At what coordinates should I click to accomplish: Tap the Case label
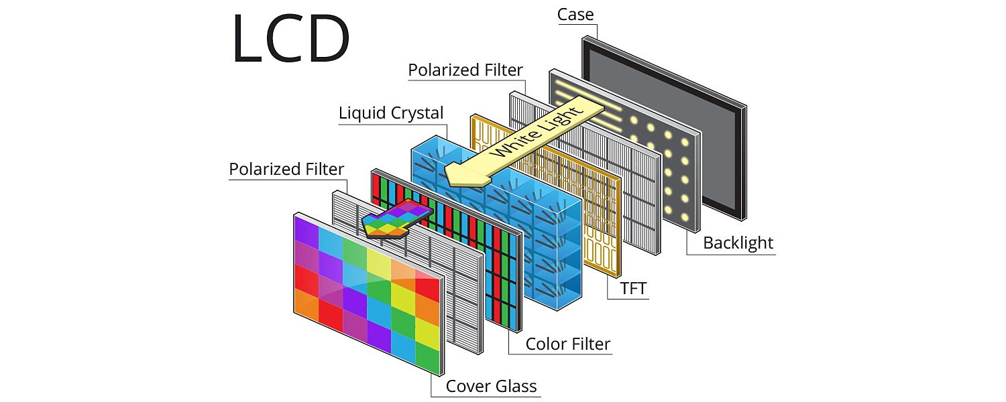tap(575, 15)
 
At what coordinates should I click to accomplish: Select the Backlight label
tap(738, 243)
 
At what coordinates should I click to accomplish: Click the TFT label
tap(627, 289)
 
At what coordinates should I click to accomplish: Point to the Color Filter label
tap(567, 344)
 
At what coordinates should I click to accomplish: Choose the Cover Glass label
tap(491, 387)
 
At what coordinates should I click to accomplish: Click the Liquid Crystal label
tap(391, 113)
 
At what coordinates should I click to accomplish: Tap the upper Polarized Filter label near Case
tap(465, 70)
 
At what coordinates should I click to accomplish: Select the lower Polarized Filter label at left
tap(286, 169)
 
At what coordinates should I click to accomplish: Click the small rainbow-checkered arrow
tap(392, 220)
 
